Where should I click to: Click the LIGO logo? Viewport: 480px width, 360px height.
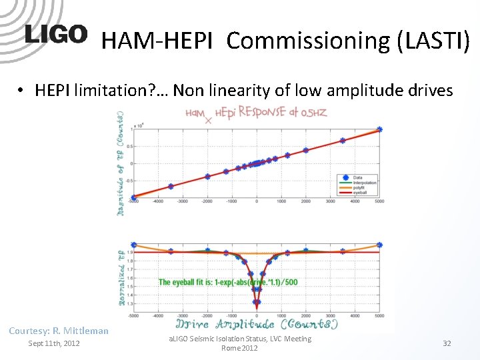(56, 35)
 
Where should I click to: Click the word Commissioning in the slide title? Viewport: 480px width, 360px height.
(308, 41)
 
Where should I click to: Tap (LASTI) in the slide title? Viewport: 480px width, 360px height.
(433, 41)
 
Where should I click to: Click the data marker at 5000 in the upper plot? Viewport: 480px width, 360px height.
(379, 129)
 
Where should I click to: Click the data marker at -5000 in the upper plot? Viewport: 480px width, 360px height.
(134, 197)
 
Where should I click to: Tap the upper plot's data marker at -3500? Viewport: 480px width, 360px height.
(171, 187)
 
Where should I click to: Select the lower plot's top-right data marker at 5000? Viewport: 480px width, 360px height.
(379, 245)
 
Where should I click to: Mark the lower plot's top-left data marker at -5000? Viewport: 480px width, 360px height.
(134, 245)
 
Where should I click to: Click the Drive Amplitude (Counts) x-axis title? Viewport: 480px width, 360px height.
(257, 324)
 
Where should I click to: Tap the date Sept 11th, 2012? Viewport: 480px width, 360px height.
(53, 343)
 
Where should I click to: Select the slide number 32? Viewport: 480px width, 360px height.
(447, 343)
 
